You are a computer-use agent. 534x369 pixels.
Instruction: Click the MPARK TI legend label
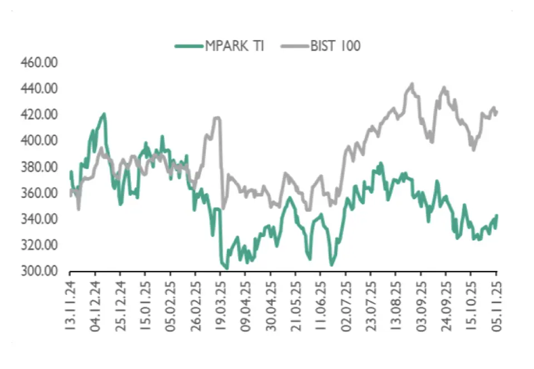pyautogui.click(x=234, y=46)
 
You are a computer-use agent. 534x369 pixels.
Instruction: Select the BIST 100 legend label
pyautogui.click(x=335, y=46)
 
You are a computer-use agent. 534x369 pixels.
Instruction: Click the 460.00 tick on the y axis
pyautogui.click(x=39, y=63)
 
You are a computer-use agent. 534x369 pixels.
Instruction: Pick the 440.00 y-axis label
pyautogui.click(x=39, y=89)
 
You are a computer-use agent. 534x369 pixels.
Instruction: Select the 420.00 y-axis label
pyautogui.click(x=39, y=115)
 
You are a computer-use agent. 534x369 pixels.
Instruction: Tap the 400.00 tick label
pyautogui.click(x=39, y=141)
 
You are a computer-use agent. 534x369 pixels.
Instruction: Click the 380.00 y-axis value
pyautogui.click(x=39, y=167)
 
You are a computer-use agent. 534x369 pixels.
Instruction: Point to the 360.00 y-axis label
pyautogui.click(x=39, y=193)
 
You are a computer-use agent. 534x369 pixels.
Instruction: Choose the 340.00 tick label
pyautogui.click(x=39, y=219)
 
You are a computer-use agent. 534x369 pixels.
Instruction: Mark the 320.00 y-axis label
pyautogui.click(x=39, y=245)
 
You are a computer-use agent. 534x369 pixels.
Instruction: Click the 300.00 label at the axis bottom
pyautogui.click(x=39, y=272)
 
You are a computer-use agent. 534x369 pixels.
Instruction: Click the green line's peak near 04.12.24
pyautogui.click(x=103, y=114)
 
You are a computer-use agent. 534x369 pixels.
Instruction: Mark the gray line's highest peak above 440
pyautogui.click(x=412, y=84)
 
